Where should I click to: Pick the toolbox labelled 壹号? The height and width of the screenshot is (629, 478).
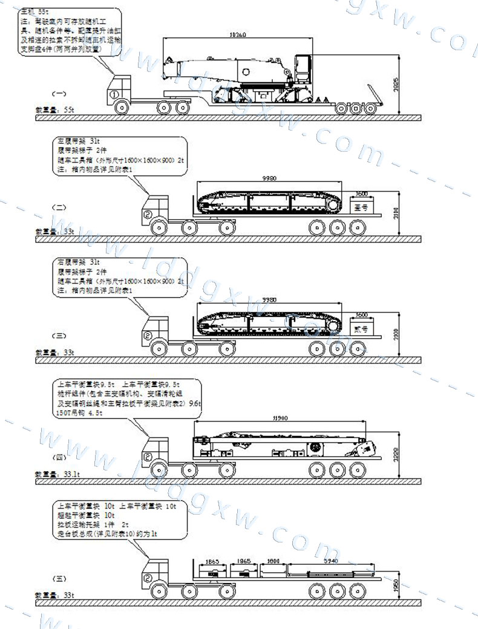pos(361,207)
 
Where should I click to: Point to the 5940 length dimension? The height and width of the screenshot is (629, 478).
pos(330,561)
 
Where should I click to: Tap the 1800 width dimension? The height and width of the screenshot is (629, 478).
pos(273,561)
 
